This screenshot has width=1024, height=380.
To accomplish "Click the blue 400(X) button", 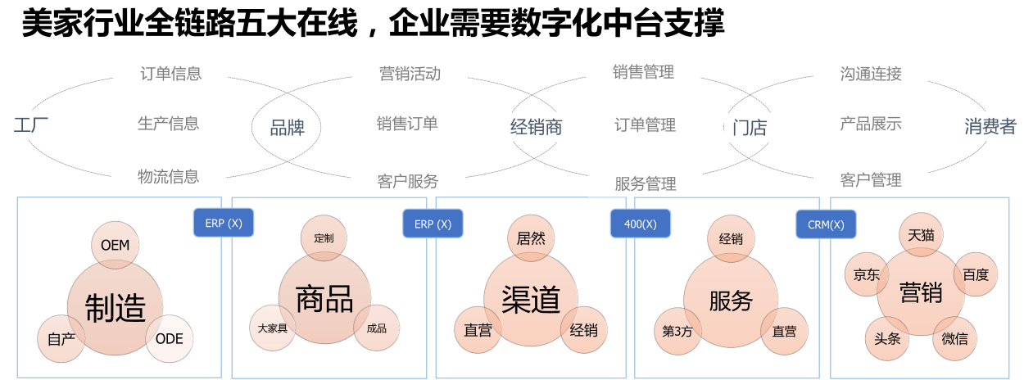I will point(641,224).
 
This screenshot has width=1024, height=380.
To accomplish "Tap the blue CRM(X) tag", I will point(826,224).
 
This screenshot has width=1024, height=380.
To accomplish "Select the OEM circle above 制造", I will point(116,245).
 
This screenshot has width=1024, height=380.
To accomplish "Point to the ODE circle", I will point(170,338).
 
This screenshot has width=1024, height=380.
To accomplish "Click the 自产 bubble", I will point(61,338).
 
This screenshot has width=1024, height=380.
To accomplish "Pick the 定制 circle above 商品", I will point(324,238).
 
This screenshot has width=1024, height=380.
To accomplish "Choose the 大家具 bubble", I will point(272,328).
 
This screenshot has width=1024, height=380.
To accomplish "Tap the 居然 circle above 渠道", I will point(531,239).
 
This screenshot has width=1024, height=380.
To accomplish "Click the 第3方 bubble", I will point(677,331).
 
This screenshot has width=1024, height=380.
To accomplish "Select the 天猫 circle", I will point(921,235).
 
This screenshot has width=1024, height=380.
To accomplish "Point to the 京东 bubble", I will point(867,275).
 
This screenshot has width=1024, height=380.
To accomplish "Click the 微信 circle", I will point(954,338).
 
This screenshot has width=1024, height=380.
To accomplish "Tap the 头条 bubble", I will point(887,338).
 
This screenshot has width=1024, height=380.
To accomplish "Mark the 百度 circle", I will point(976,275).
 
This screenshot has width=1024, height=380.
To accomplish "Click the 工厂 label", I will point(31,126).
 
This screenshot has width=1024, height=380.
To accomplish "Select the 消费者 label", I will point(990,126).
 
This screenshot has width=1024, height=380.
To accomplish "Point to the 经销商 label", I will point(536,127).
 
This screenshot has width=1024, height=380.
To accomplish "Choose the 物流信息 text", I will point(168,176).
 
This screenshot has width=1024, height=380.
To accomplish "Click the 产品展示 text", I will point(871,124).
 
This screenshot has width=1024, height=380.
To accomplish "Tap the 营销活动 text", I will point(410,74).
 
